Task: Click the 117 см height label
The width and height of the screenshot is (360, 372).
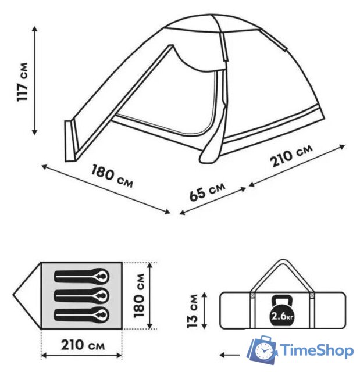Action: coord(23,82)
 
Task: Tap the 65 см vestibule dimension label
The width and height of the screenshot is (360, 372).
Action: coord(207,192)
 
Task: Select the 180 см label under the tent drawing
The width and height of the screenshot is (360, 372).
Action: coord(112,176)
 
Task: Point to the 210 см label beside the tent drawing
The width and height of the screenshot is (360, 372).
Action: coord(291,155)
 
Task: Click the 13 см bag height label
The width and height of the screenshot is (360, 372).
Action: coord(192,311)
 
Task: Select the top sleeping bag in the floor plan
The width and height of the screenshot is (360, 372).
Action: coord(82,276)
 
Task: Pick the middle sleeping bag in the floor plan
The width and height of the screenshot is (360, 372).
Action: coord(82,296)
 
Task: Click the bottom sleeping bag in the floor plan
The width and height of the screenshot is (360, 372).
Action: coord(82,315)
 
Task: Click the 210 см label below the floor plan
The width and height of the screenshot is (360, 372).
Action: coord(83,345)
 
